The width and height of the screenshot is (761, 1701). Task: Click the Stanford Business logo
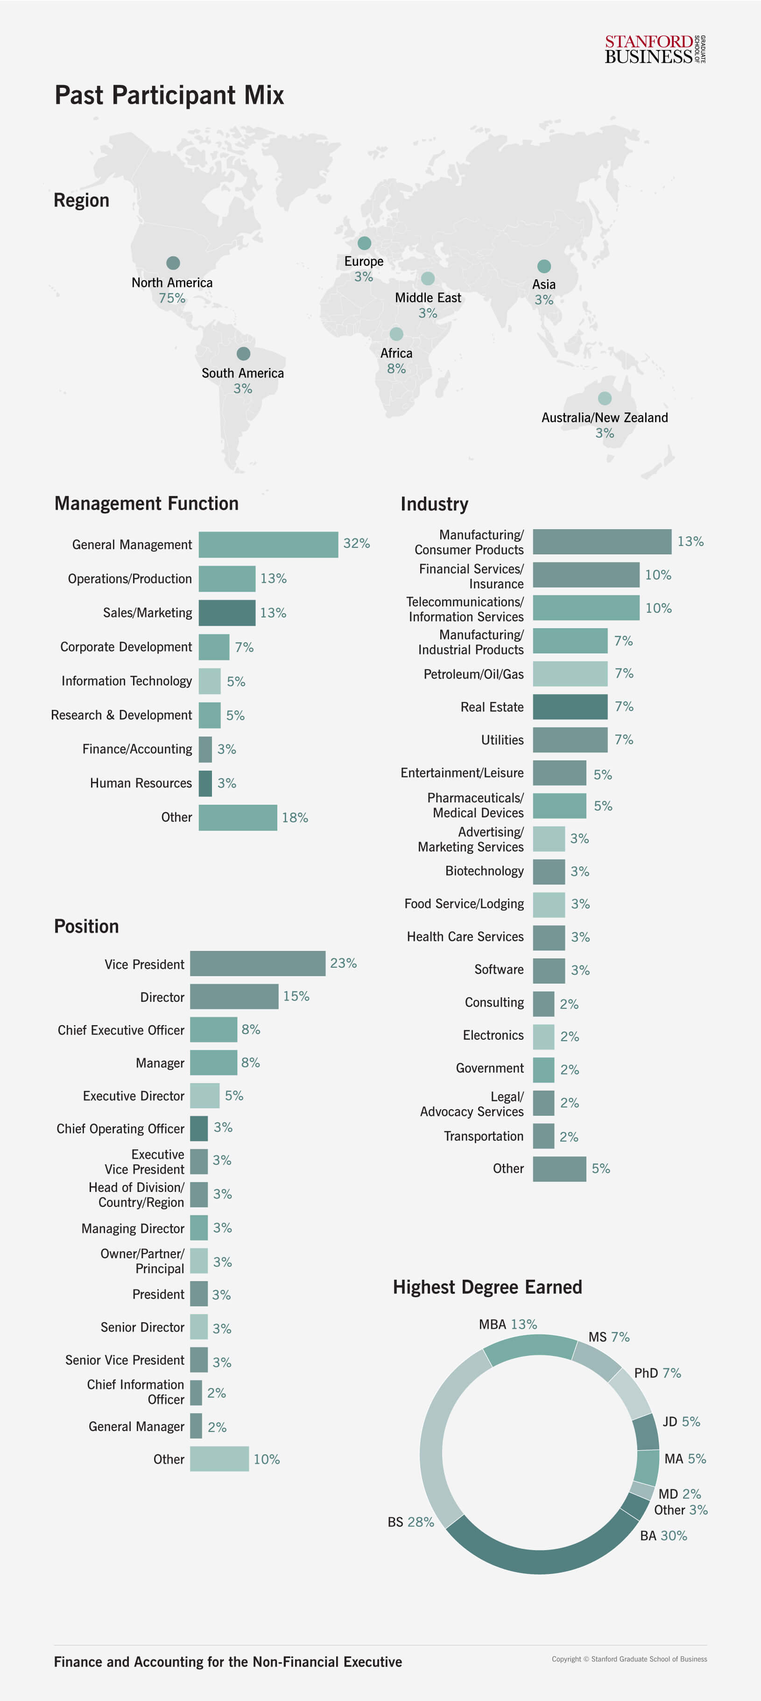point(654,49)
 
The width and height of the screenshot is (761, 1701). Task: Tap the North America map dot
point(173,263)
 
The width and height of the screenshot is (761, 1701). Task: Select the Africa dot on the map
point(396,334)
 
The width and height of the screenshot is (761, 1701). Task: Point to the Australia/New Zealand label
point(604,417)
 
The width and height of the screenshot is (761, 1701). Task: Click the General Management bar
point(268,544)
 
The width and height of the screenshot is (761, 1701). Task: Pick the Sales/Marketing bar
point(226,613)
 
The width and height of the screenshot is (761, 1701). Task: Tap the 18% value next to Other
point(295,818)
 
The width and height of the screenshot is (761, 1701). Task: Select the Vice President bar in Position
point(257,963)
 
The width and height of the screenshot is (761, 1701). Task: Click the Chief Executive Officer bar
point(213,1030)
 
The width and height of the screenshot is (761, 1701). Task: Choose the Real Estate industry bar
point(570,706)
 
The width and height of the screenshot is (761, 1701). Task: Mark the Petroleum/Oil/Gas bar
point(570,673)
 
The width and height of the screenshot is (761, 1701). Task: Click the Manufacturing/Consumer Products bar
point(601,542)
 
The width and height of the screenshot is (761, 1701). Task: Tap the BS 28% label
point(410,1522)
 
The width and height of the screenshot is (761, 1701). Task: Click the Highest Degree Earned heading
point(487,1287)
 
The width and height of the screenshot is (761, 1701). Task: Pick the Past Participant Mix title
point(169,95)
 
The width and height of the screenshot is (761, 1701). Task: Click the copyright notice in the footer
point(628,1659)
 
